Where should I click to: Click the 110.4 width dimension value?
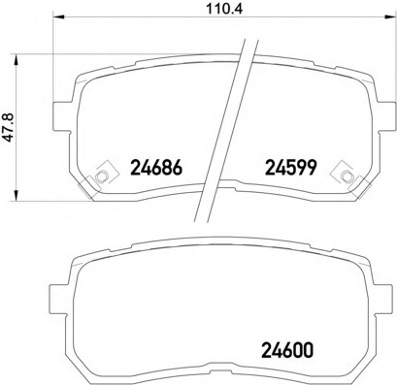point(224,8)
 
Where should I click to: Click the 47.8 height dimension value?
point(9,127)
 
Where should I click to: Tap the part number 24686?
point(156,168)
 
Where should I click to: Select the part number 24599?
point(290,168)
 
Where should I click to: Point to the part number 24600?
point(287,350)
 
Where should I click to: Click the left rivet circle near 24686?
point(101,176)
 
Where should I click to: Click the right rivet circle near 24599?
point(347,176)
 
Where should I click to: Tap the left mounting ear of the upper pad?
point(61,116)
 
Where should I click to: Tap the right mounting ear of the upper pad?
point(386,116)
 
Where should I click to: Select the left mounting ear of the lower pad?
point(58,299)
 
